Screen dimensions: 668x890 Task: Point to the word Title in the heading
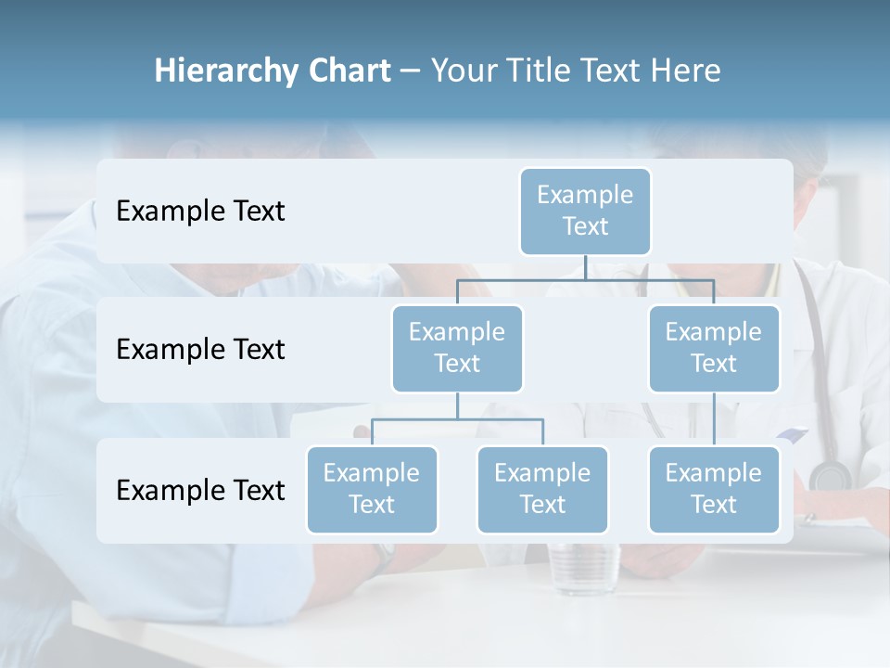pyautogui.click(x=542, y=71)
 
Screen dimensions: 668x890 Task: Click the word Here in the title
pyautogui.click(x=687, y=71)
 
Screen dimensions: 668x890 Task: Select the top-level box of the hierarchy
pyautogui.click(x=585, y=211)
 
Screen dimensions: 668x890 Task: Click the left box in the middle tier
pyautogui.click(x=457, y=348)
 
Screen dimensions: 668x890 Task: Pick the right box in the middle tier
pyautogui.click(x=714, y=348)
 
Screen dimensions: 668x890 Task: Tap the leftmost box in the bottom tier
pyautogui.click(x=372, y=489)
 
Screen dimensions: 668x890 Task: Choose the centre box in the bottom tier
pyautogui.click(x=542, y=489)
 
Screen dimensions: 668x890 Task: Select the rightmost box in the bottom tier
pyautogui.click(x=714, y=489)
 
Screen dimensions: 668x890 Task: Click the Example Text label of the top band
pyautogui.click(x=200, y=212)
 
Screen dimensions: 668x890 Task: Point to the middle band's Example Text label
pyautogui.click(x=200, y=350)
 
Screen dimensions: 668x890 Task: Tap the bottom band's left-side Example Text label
pyautogui.click(x=200, y=490)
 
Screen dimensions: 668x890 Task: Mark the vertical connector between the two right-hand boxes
pyautogui.click(x=714, y=419)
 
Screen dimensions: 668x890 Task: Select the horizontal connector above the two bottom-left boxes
pyautogui.click(x=457, y=419)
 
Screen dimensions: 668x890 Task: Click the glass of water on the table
pyautogui.click(x=583, y=568)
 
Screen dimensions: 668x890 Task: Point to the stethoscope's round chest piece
pyautogui.click(x=829, y=476)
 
